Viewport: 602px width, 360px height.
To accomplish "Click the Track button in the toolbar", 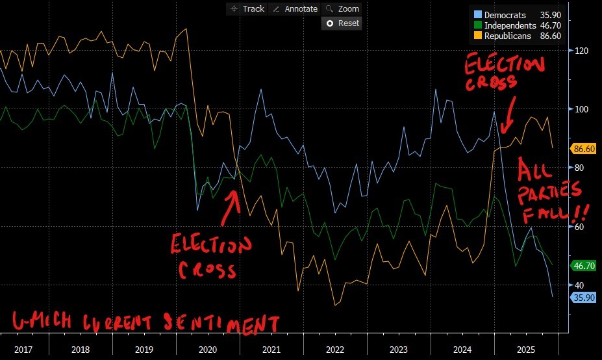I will pyautogui.click(x=246, y=8).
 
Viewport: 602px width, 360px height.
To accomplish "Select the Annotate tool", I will pyautogui.click(x=295, y=8).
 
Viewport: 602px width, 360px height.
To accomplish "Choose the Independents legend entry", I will pyautogui.click(x=517, y=25).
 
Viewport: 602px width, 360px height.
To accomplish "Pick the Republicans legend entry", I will pyautogui.click(x=517, y=36).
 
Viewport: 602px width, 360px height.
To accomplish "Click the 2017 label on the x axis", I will pyautogui.click(x=23, y=350).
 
